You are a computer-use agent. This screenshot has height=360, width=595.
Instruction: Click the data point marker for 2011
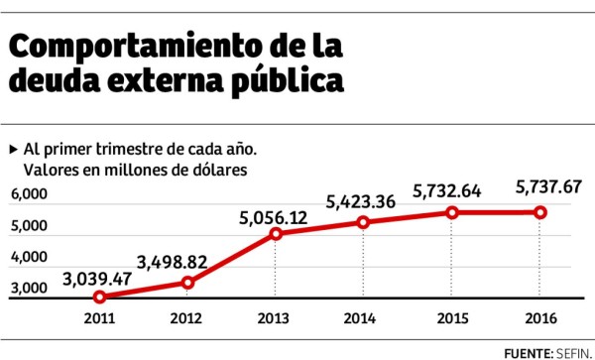coord(100,297)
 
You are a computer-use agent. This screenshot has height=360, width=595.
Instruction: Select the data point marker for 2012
coord(187,283)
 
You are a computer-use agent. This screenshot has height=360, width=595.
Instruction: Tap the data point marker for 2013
coord(276,234)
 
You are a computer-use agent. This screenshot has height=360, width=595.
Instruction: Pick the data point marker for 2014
coord(364,222)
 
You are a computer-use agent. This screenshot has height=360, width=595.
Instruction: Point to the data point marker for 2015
coord(452,212)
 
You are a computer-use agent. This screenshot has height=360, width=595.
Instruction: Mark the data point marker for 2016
coord(540,212)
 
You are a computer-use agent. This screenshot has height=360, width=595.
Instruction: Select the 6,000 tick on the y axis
coord(30,196)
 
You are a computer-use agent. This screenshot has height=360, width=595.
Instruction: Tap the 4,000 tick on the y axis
coord(30,258)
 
